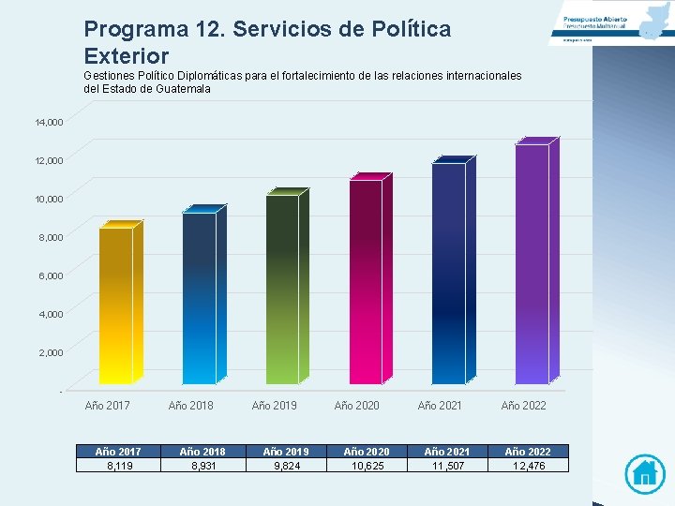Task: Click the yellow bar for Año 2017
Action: [116, 305]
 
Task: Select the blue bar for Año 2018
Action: [199, 298]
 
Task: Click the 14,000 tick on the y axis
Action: [49, 122]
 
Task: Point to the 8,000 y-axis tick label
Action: [52, 237]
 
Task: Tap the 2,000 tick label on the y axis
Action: [52, 352]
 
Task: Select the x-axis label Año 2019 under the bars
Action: [275, 405]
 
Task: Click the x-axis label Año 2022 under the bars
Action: [524, 405]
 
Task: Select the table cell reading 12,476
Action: [528, 465]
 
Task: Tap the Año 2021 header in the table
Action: [446, 452]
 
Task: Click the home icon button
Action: [644, 472]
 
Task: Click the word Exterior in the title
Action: [126, 56]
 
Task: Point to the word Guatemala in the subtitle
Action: [177, 89]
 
